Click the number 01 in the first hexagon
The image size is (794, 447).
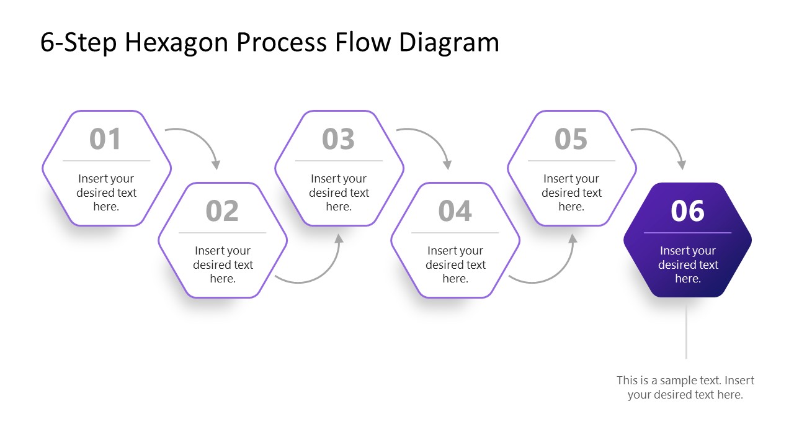[x=105, y=139]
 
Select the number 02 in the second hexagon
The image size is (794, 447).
[x=222, y=211]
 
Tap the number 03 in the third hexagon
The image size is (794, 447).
[x=338, y=139]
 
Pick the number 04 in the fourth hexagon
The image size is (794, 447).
[x=455, y=211]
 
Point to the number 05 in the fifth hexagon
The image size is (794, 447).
[x=571, y=139]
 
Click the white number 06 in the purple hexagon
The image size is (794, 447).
[x=687, y=211]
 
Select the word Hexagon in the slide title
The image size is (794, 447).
[x=177, y=42]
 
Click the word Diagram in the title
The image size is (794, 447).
[x=448, y=42]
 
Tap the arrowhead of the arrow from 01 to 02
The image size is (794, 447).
[x=216, y=165]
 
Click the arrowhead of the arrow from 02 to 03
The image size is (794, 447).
[x=339, y=238]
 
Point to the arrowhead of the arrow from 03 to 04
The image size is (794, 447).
[x=447, y=165]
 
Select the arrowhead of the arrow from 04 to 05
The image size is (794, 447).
[x=573, y=238]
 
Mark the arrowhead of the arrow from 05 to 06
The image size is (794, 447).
[x=682, y=165]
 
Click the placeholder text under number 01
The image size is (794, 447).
[x=106, y=192]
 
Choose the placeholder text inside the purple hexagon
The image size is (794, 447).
[x=687, y=264]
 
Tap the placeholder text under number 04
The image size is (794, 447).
[x=455, y=264]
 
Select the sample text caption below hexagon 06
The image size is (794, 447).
[x=685, y=387]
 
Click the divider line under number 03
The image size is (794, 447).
[x=339, y=161]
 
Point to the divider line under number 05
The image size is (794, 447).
[x=571, y=161]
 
